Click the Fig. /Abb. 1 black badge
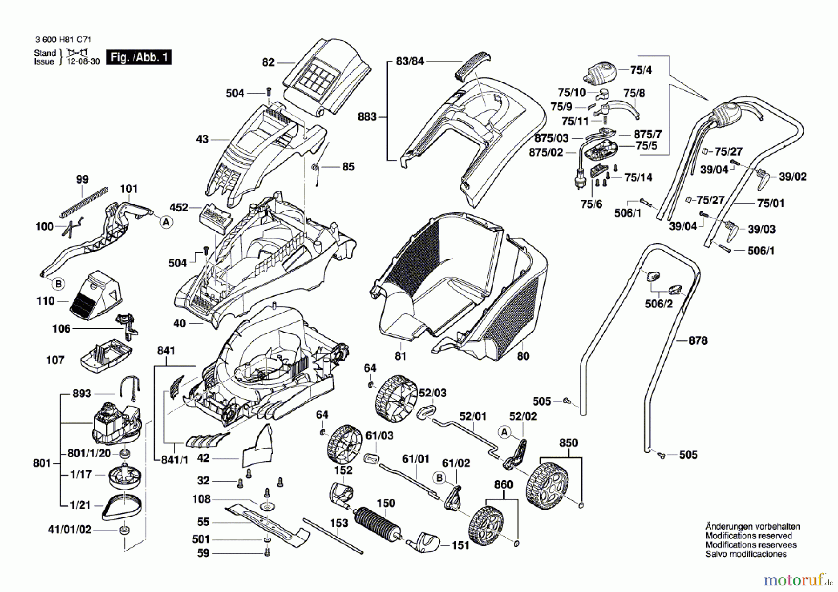point(139,57)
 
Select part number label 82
point(268,62)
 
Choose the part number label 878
point(698,340)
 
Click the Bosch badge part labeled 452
point(216,217)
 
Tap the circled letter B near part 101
point(58,284)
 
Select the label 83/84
point(410,61)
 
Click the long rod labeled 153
point(332,536)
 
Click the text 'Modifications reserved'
point(749,536)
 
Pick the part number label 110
point(46,301)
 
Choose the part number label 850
point(568,442)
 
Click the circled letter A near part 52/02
point(504,432)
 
